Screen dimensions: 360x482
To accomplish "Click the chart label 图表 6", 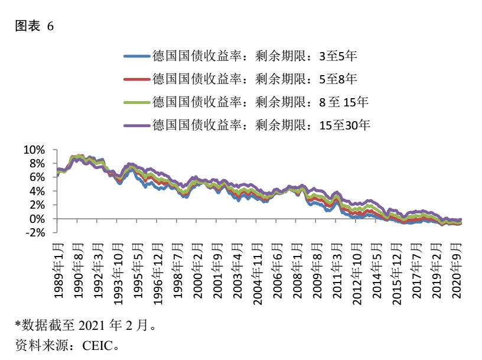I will click(x=34, y=26).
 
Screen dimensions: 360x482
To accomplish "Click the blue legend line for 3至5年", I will click(x=137, y=57).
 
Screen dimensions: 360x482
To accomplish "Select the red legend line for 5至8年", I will click(x=137, y=79).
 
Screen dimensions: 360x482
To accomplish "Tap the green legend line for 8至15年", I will click(x=137, y=102).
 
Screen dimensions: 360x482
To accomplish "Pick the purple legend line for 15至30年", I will click(x=137, y=125).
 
